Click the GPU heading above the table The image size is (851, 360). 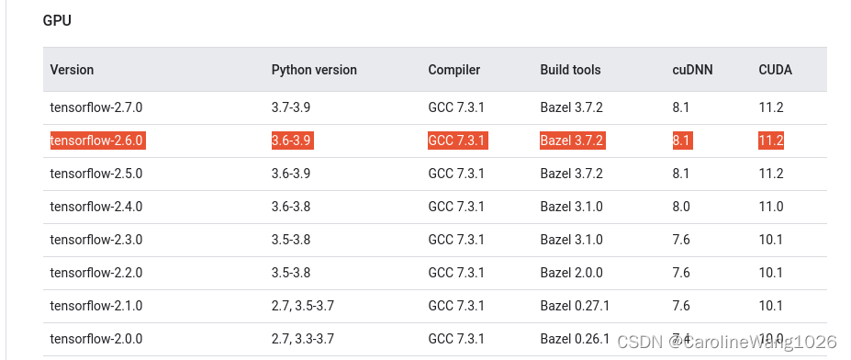tap(57, 20)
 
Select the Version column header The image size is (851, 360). tap(72, 70)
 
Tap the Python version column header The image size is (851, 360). tap(314, 70)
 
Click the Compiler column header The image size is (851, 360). tap(453, 70)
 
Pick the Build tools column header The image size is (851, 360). tap(570, 70)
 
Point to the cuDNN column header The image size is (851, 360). tap(692, 70)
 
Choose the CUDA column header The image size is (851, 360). tap(775, 70)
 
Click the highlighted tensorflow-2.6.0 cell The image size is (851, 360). tap(96, 141)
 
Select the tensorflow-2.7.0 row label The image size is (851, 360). tap(96, 107)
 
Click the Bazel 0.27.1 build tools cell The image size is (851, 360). tap(575, 306)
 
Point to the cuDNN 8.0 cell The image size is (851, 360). tap(680, 207)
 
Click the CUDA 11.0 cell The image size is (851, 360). tap(770, 207)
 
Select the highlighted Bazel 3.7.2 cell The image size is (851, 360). tap(571, 141)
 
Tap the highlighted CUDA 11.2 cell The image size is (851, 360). tap(770, 141)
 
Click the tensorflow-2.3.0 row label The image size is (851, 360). tap(96, 240)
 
